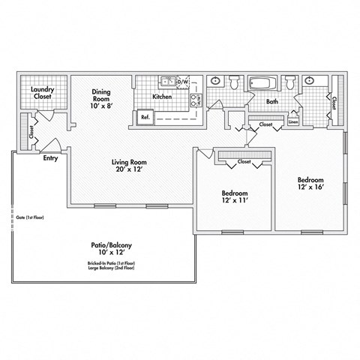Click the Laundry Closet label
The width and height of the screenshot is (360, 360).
[x=41, y=94]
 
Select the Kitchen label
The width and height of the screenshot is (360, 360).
[x=162, y=97]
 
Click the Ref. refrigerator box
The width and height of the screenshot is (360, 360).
[x=145, y=116]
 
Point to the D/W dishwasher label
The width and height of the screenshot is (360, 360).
[x=182, y=81]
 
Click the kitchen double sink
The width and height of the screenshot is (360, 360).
[x=167, y=81]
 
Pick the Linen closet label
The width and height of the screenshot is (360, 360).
[x=292, y=121]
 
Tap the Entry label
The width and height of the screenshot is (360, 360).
[x=51, y=158]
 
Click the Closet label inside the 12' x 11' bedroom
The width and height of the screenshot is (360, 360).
[x=244, y=161]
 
